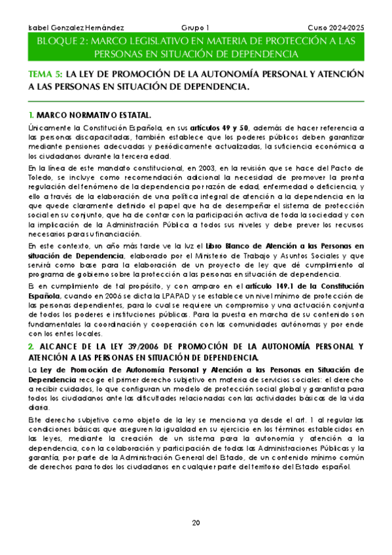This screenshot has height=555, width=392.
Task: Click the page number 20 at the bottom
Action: (x=196, y=522)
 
